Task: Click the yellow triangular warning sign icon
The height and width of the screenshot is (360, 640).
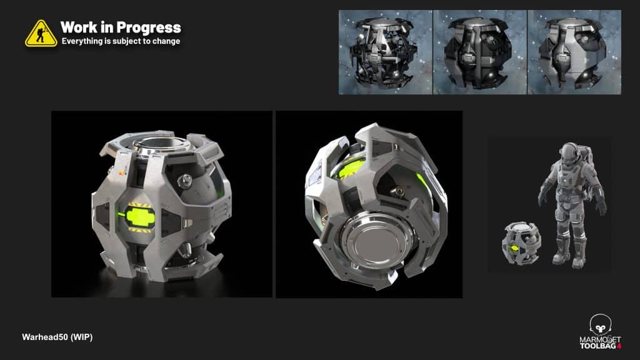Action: (x=41, y=34)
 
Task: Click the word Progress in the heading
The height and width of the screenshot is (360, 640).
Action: (x=149, y=27)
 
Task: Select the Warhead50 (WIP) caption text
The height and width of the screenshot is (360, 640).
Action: (x=57, y=337)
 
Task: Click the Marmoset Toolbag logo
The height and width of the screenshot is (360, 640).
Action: (x=601, y=331)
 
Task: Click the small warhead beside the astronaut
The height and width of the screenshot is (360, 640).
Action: (x=521, y=243)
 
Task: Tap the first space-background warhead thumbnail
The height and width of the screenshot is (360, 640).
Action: (x=385, y=52)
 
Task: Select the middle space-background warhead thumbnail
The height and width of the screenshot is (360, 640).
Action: (x=480, y=52)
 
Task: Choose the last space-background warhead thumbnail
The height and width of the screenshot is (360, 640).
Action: (x=575, y=52)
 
